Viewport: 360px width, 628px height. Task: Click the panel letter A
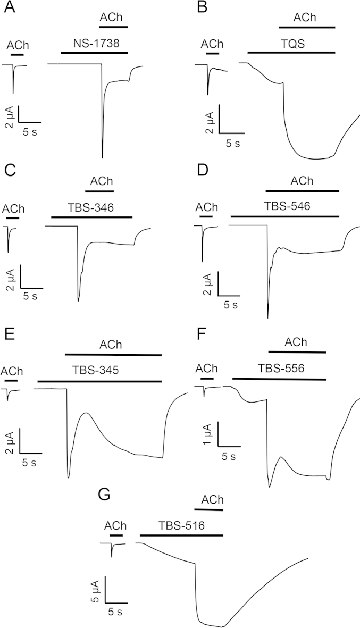point(7,7)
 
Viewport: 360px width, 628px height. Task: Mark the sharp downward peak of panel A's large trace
point(102,158)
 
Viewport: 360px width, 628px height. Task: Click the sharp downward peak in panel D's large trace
point(267,318)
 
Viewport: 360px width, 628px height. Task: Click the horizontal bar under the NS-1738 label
point(94,53)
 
